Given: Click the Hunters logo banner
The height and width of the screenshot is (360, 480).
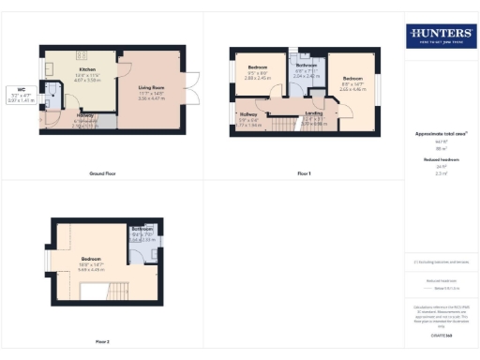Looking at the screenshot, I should coord(441,37).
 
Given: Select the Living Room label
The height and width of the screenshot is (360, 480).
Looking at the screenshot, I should coord(151,90).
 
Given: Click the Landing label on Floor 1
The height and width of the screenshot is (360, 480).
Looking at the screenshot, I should coord(314,113).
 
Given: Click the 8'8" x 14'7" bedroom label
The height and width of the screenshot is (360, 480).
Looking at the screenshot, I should coord(352,82).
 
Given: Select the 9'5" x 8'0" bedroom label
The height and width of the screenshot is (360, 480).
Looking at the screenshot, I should coord(258,73).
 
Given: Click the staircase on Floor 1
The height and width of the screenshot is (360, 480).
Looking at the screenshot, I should coord(286,125).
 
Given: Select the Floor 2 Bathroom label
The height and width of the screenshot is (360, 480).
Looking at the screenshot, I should coord(142,233).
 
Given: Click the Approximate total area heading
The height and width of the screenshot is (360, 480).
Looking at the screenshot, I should coord(441,133).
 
